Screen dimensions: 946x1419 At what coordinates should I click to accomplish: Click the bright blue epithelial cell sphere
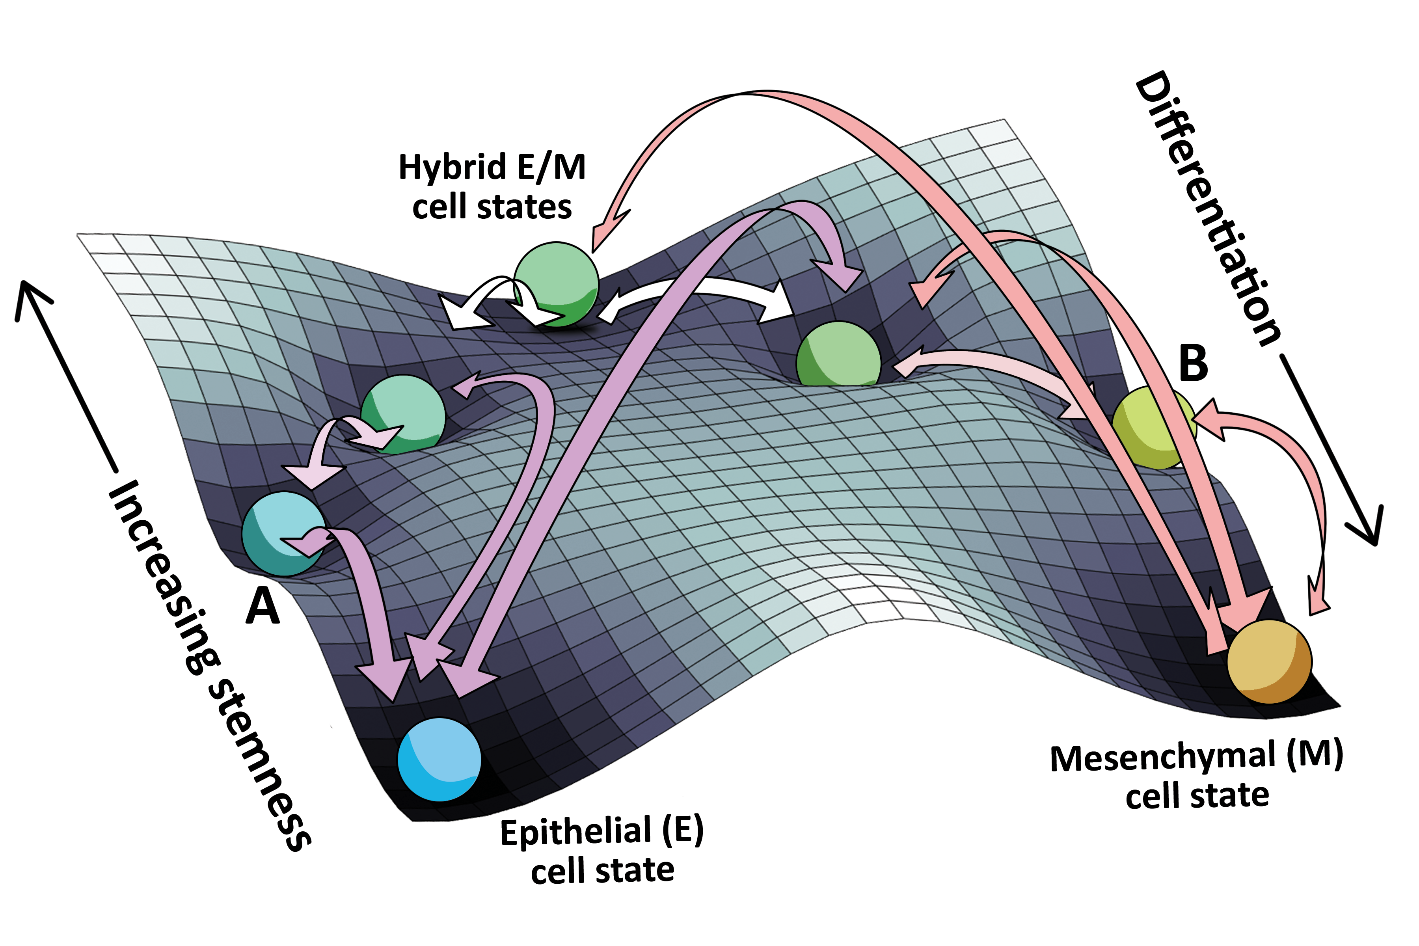tap(439, 759)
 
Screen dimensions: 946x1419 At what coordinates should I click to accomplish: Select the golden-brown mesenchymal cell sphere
tap(1269, 661)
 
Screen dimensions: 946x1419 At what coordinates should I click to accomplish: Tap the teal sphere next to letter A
tap(283, 533)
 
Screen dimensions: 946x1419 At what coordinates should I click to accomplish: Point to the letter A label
tap(263, 606)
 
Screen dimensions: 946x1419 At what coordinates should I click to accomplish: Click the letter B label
tap(1194, 363)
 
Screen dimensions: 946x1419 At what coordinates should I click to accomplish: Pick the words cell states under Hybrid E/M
tap(492, 207)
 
